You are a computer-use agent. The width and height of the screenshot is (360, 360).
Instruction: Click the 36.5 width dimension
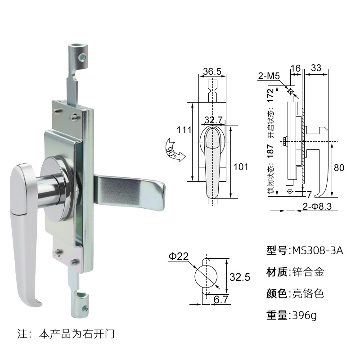coord(212,72)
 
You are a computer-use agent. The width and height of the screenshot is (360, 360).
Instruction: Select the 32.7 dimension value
coord(213,120)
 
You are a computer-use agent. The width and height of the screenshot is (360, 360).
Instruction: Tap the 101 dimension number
coord(241,167)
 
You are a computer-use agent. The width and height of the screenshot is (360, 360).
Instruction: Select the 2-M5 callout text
coord(269,76)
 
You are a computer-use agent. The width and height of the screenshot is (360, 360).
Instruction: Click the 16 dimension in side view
coord(296,67)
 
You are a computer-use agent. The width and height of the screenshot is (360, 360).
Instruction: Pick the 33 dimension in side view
coord(316,67)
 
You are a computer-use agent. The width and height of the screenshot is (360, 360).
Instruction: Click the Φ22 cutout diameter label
coord(178,256)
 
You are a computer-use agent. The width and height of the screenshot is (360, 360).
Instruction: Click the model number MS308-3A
coord(317,251)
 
